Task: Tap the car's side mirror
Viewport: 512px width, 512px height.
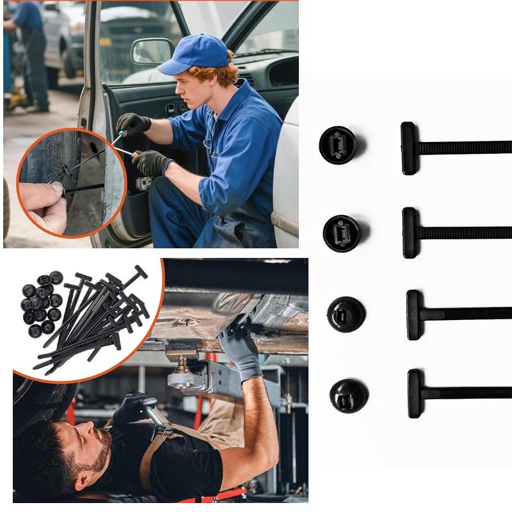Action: coord(152,52)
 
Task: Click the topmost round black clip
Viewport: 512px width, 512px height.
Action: coord(337,145)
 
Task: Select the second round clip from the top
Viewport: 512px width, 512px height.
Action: coord(341,233)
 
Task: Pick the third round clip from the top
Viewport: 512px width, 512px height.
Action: coord(346,314)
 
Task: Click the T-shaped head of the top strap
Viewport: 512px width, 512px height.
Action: coord(408,148)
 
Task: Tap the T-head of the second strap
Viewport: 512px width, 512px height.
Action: coord(410,232)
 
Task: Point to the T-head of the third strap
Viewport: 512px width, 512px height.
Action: coord(414,314)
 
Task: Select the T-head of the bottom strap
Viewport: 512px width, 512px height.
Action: coord(415,394)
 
